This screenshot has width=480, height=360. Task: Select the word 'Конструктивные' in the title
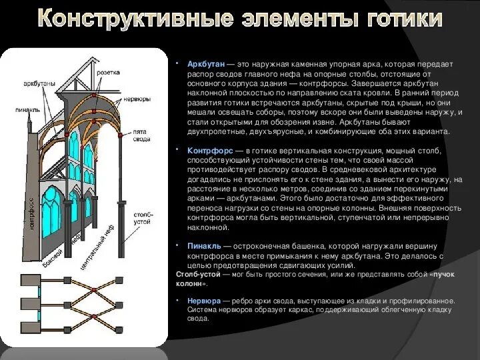pyautogui.click(x=129, y=20)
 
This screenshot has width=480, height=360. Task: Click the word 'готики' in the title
pyautogui.click(x=404, y=20)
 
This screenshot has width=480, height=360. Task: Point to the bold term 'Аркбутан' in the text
pyautogui.click(x=206, y=64)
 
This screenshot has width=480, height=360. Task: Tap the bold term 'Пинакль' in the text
pyautogui.click(x=205, y=246)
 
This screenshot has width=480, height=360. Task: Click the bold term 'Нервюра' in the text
pyautogui.click(x=204, y=301)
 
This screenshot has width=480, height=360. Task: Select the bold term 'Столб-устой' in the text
pyautogui.click(x=197, y=274)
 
